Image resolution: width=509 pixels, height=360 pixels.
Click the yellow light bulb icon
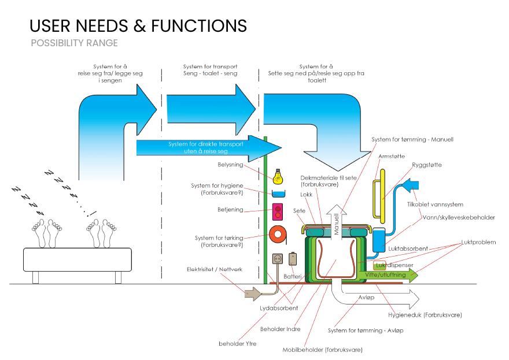(278, 175)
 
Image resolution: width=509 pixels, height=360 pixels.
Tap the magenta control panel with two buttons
(278, 212)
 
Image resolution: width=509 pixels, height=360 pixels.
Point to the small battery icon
(293, 258)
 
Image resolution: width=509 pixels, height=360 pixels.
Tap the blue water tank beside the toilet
(379, 240)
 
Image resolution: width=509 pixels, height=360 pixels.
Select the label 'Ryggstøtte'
(427, 165)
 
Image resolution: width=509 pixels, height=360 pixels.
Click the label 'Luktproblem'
(478, 242)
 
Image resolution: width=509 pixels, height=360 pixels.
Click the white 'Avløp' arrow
(376, 298)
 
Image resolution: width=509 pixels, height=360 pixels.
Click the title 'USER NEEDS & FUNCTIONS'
(138, 25)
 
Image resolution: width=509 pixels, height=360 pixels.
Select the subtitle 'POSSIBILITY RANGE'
(74, 43)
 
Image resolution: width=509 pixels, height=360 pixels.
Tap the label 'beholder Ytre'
(237, 344)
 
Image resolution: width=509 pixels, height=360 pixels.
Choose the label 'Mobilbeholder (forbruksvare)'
(322, 350)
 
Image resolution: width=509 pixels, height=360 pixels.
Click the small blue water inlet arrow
(414, 185)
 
